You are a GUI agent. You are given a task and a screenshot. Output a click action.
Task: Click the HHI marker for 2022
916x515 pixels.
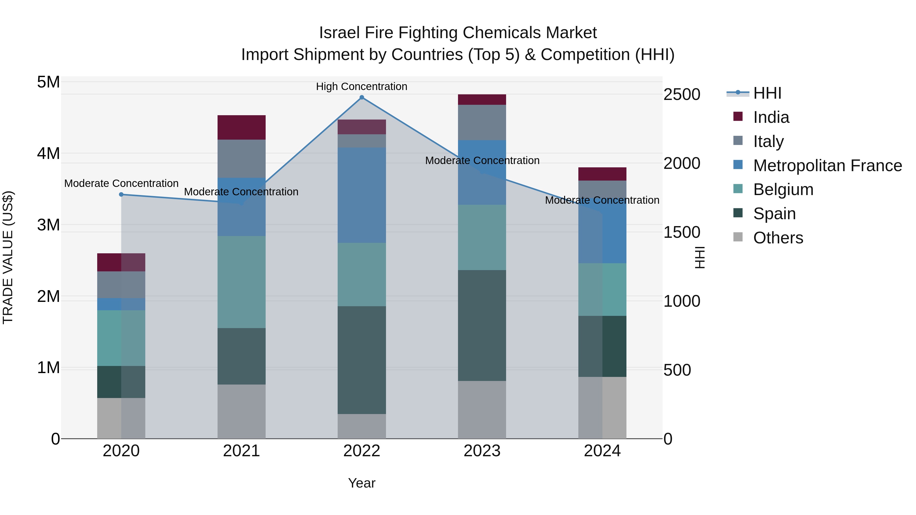pos(362,97)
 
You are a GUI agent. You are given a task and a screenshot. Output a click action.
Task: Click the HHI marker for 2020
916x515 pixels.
pos(121,194)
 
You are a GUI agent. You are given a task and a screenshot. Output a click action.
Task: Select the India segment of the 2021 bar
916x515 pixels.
pos(241,127)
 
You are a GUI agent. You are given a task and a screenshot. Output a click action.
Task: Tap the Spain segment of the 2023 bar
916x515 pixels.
pos(482,325)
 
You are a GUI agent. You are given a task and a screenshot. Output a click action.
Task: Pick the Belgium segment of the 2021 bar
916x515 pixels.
pos(241,282)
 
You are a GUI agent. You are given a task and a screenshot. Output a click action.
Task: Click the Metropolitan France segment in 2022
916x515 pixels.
pos(362,195)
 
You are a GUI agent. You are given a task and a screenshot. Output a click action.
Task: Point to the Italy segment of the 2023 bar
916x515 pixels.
pos(482,122)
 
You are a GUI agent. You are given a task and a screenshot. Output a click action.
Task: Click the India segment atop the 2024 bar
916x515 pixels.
pos(602,174)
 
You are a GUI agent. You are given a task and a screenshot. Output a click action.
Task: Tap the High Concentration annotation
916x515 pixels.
pos(362,86)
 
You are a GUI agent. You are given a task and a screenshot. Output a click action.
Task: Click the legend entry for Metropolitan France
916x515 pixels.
pos(827,166)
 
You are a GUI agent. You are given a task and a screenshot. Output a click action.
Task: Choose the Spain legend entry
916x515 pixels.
pos(774,214)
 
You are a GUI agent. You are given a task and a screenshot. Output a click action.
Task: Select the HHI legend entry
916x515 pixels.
pos(767,93)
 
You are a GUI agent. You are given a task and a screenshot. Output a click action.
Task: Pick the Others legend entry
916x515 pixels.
pos(778,238)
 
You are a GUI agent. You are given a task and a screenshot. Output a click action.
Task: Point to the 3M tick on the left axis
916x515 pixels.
pos(48,225)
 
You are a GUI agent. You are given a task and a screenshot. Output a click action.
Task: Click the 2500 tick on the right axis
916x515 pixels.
pos(682,95)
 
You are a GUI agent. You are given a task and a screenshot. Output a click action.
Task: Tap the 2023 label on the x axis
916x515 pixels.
pos(482,451)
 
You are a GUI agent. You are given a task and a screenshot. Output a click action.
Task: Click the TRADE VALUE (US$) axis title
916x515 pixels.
pos(8,257)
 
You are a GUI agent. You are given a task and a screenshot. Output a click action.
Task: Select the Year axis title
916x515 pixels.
pos(362,483)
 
